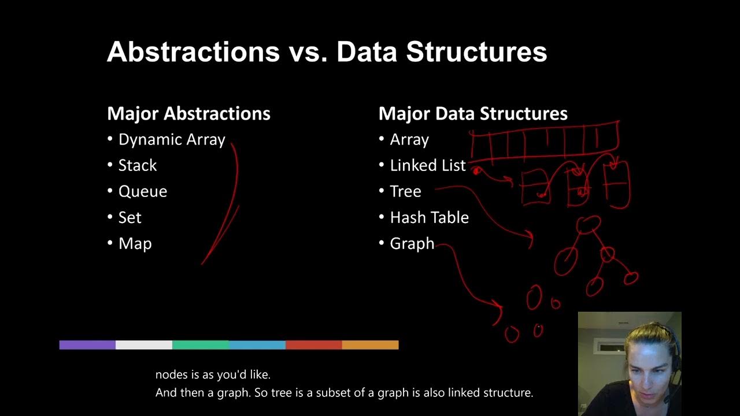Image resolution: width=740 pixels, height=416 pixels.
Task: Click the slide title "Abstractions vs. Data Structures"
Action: tap(327, 52)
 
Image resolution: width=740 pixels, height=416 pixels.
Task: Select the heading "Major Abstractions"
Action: tap(188, 113)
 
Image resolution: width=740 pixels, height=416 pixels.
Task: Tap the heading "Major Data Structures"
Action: tap(473, 113)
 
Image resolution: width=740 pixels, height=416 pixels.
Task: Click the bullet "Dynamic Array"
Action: tap(172, 140)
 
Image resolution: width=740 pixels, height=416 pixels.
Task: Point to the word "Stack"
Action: tap(138, 166)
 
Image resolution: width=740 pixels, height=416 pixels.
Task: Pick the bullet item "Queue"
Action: tap(143, 192)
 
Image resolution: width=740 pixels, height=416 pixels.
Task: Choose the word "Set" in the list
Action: tap(130, 218)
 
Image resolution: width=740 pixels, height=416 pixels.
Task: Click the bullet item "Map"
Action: tap(135, 244)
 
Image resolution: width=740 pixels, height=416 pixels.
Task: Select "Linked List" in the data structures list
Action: tap(428, 166)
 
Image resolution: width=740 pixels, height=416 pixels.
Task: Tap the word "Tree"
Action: tap(406, 192)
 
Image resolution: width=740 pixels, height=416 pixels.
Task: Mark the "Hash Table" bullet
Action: tap(430, 218)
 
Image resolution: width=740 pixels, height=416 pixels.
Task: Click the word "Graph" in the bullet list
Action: tap(412, 244)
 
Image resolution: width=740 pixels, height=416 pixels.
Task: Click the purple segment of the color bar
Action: tap(87, 345)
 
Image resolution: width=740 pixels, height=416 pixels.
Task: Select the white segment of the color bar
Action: tap(144, 345)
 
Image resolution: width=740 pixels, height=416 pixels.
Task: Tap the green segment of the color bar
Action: tap(201, 345)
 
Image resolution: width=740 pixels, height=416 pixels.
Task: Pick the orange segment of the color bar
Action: tap(371, 345)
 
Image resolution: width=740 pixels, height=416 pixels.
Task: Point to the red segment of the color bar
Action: tap(314, 345)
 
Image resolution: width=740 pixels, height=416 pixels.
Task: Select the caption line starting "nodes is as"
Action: tap(213, 375)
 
